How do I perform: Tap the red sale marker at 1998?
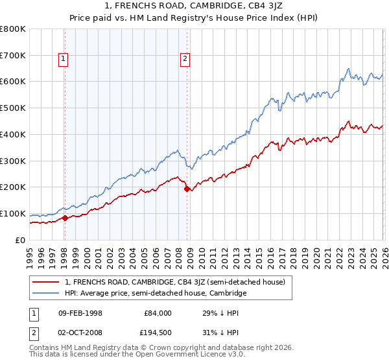65,218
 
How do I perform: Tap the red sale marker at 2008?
187,189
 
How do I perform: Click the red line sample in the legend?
46,282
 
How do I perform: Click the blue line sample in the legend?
46,293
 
